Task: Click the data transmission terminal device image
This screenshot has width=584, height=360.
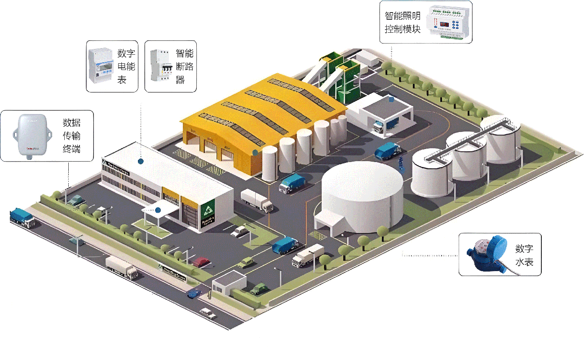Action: coord(30,136)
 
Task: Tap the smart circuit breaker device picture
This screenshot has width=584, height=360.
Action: coord(161,66)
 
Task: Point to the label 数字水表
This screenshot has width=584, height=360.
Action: coord(524,255)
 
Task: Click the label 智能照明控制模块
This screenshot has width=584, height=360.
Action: coord(403,22)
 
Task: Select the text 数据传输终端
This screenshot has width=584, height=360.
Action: coord(72,136)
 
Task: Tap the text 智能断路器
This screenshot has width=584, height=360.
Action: coord(184,66)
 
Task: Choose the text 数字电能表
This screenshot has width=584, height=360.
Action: coord(126,66)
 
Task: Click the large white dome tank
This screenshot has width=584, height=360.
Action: coord(362,195)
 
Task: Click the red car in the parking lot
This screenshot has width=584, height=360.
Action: coord(201,262)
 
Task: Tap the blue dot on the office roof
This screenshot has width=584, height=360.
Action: coord(140,160)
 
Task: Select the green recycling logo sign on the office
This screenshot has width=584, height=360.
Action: coord(208,211)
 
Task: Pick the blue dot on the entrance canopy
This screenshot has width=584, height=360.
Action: coord(158,210)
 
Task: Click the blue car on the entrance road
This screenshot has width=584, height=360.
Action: coord(194,293)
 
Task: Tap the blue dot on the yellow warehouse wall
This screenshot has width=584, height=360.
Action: coord(255,153)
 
